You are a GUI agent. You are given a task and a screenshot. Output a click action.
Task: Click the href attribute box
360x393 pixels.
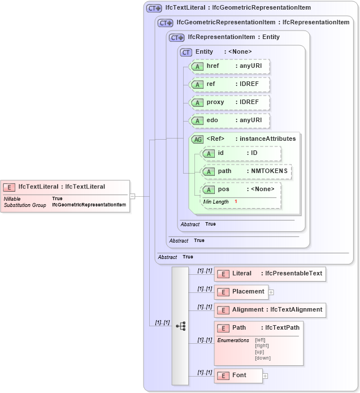[229, 66]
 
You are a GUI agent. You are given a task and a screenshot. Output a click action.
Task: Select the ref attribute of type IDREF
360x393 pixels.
[229, 84]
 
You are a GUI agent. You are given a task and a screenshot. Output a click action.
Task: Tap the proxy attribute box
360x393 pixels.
[229, 102]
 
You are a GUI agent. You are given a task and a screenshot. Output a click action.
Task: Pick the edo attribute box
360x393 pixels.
[229, 120]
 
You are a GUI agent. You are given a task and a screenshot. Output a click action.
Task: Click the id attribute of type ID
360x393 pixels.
[241, 153]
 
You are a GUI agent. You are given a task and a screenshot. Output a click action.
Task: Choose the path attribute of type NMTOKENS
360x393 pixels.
[247, 171]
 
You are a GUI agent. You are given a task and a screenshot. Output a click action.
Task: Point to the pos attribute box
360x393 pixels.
[241, 189]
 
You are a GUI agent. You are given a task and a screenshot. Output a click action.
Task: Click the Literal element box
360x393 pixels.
[270, 274]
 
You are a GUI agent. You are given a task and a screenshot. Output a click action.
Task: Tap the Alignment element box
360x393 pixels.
[270, 310]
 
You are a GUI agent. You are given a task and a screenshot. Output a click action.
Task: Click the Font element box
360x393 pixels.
[238, 375]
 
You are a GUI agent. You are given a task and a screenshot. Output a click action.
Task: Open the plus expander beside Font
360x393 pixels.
[265, 376]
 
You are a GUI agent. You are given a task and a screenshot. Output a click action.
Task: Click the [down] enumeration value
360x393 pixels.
[263, 358]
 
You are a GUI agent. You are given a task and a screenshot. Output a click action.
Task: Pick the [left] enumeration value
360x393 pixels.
[261, 339]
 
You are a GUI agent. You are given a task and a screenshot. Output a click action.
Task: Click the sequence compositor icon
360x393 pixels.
[180, 326]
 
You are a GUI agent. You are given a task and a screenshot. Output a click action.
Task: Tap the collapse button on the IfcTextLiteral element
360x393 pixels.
[132, 196]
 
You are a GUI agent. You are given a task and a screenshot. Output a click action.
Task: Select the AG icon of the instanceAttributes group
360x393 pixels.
[198, 139]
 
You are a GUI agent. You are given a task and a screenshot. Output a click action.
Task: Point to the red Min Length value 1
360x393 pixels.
[236, 202]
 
